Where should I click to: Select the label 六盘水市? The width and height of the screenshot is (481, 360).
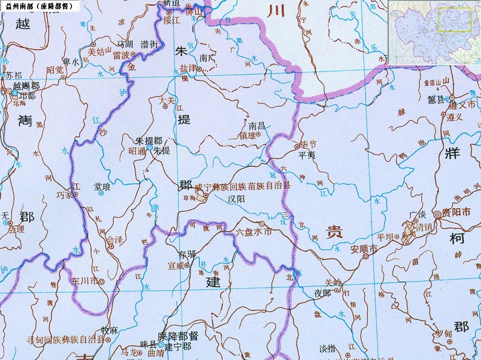click(254, 232)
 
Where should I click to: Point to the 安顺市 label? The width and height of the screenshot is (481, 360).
click(364, 250)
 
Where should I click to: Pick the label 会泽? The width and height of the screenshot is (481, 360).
click(115, 240)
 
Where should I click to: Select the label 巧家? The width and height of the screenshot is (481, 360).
click(64, 195)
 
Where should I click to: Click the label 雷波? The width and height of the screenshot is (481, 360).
click(121, 55)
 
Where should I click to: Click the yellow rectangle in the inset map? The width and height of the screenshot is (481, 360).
click(455, 20)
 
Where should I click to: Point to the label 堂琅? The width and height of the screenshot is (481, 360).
click(102, 187)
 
